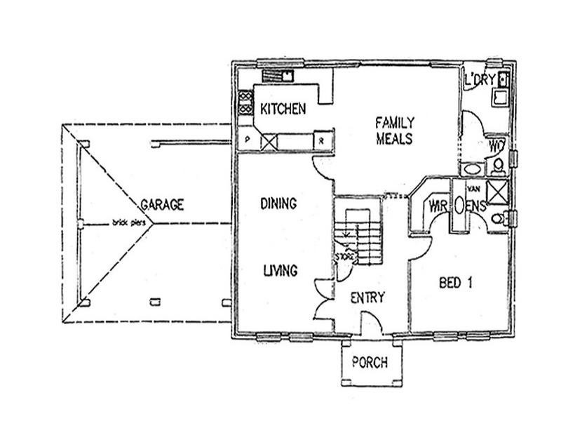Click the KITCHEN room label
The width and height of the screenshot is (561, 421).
pos(283,109)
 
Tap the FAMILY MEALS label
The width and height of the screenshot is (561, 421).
pos(394,129)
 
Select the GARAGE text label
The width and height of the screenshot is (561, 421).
pos(162,205)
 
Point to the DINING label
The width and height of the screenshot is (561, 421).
pos(278,203)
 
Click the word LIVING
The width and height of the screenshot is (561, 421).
pos(280,270)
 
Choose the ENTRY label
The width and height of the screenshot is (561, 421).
pos(367,298)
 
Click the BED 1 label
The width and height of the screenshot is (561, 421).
pos(455,283)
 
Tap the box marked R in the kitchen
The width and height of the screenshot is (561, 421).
pos(321,140)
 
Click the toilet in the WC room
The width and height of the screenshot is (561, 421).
pos(498,165)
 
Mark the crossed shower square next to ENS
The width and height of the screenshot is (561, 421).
pos(496,192)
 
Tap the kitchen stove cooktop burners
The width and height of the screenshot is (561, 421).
pos(245,104)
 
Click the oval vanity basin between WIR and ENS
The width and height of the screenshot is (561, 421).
pos(459,206)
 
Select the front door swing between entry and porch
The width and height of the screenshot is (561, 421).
pos(371,323)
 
